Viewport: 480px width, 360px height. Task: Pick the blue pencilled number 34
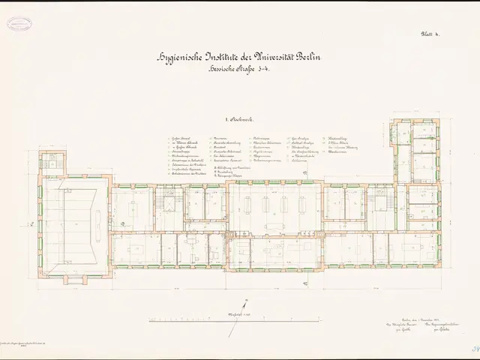point(472,348)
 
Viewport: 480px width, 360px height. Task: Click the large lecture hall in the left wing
point(75,225)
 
